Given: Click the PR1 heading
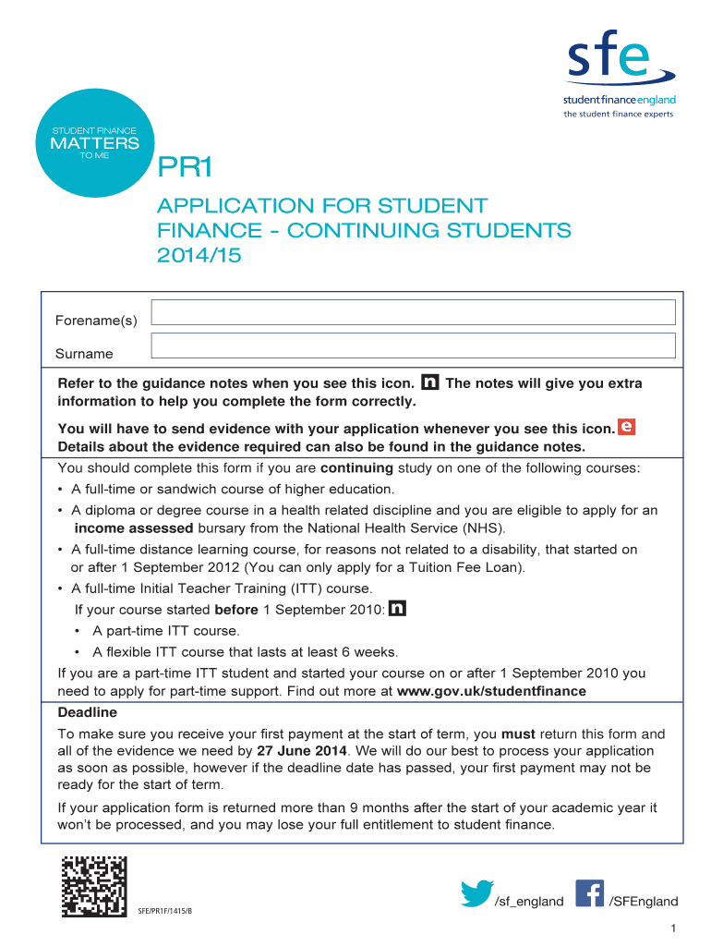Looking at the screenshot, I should point(186,168).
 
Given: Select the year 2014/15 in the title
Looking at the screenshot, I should point(199,255).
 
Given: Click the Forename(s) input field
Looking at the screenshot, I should point(413,312).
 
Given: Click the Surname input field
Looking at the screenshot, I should point(413,346).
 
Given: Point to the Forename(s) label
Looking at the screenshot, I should point(96,321).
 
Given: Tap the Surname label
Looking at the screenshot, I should point(84,354).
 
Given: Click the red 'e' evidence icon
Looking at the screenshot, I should point(627,427).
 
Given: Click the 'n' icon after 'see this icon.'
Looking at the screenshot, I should point(429,382).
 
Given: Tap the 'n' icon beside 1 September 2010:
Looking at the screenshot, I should point(398,609).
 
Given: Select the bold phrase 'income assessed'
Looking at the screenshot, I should point(134,528).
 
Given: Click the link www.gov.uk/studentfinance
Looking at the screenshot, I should point(491,691).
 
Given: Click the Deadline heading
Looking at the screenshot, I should point(88,713).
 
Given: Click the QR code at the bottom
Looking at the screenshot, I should point(94,887).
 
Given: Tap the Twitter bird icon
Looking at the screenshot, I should point(476,894).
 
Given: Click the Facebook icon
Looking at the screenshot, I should point(589,893).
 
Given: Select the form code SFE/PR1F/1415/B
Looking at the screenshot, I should point(166,913).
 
